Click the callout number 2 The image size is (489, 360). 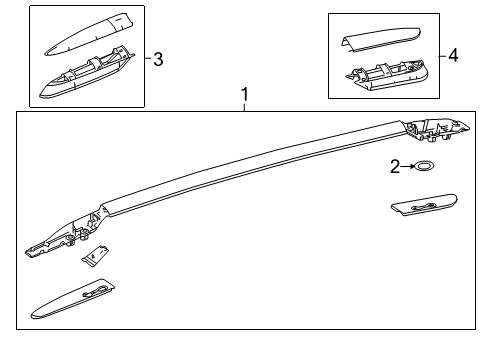[x=396, y=166]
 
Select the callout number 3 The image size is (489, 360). [x=157, y=58]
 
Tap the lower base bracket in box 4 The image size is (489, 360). [x=386, y=76]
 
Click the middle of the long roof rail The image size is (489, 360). [x=250, y=166]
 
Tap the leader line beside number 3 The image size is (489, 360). [x=147, y=58]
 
